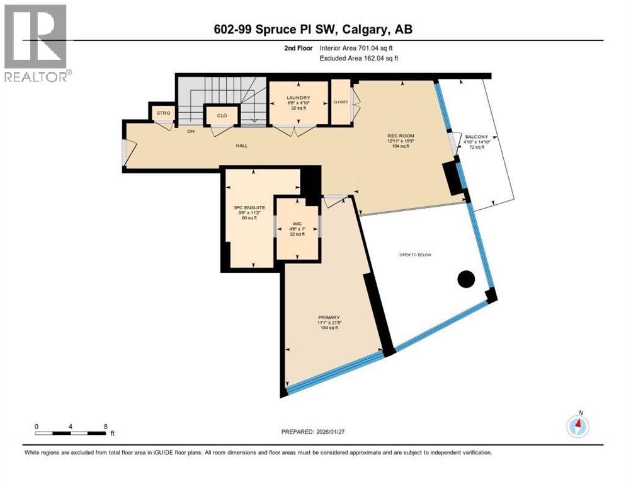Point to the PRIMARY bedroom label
click(x=329, y=317)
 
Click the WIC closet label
click(x=297, y=224)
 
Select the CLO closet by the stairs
click(x=222, y=115)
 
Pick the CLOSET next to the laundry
click(x=340, y=101)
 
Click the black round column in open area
click(x=466, y=279)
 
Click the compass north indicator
click(x=578, y=425)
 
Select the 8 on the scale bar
click(x=105, y=426)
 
